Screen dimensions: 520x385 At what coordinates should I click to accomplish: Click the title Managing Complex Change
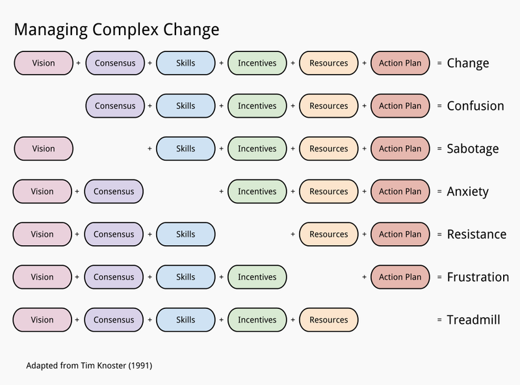tap(116, 30)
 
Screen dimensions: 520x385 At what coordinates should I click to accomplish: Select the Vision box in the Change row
tap(44, 63)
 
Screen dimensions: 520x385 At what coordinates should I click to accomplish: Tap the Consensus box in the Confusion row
tap(115, 106)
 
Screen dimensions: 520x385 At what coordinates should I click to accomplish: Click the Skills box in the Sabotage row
tap(186, 149)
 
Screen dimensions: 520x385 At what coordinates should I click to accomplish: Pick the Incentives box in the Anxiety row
tap(257, 192)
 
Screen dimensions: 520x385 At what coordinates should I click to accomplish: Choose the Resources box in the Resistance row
tap(328, 234)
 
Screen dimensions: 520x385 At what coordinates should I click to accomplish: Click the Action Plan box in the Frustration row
tap(400, 277)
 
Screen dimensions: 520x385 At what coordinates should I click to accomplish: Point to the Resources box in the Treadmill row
tap(328, 320)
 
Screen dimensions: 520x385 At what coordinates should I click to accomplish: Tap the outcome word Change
tap(468, 63)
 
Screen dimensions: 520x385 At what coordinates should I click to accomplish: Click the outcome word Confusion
tap(475, 106)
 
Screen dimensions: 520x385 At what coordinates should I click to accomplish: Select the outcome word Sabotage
tap(473, 149)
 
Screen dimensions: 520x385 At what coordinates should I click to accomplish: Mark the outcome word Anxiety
tap(468, 192)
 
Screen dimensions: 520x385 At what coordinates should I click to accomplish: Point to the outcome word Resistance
tap(476, 234)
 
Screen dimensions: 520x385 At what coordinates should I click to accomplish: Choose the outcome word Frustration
tap(478, 277)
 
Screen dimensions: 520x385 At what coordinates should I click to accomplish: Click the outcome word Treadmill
tap(473, 320)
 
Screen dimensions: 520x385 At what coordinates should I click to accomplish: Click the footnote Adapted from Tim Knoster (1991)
tap(89, 365)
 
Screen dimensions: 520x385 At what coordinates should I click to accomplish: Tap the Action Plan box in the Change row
tap(400, 63)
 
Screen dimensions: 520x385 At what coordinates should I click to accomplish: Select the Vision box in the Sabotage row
tap(44, 149)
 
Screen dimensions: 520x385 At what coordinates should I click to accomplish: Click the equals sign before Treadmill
tap(439, 320)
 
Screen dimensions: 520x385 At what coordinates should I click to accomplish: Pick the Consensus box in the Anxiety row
tap(114, 192)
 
